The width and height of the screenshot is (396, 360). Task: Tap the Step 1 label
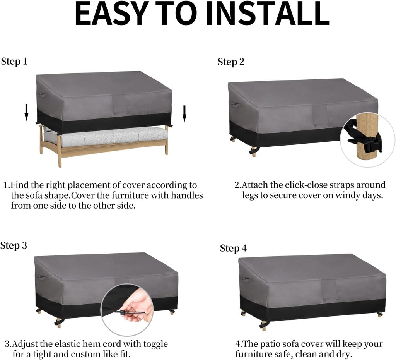pyautogui.click(x=14, y=62)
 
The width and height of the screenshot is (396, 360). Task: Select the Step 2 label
pyautogui.click(x=231, y=62)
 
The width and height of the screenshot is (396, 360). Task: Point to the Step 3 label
pyautogui.click(x=14, y=246)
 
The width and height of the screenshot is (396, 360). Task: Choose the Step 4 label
pyautogui.click(x=233, y=249)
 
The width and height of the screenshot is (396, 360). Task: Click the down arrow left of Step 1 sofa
pyautogui.click(x=26, y=113)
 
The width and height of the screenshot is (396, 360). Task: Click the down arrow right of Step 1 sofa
pyautogui.click(x=184, y=113)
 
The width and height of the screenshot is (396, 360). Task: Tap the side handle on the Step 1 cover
pyautogui.click(x=42, y=95)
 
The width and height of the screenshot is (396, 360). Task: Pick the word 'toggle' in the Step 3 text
pyautogui.click(x=155, y=345)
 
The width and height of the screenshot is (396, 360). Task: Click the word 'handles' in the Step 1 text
pyautogui.click(x=187, y=195)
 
